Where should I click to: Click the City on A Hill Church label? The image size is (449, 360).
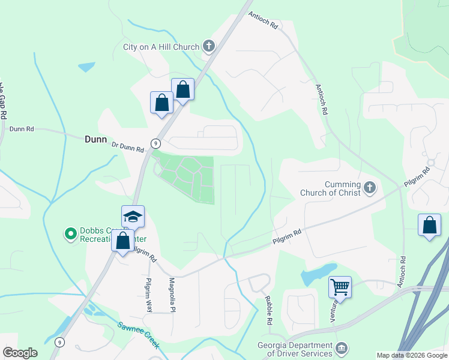tap(160, 47)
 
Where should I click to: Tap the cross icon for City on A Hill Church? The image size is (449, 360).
tap(208, 46)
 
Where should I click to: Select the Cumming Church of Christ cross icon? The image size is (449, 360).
tap(369, 188)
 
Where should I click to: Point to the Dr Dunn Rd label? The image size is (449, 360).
tap(128, 146)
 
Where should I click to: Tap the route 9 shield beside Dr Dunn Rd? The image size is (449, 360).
tap(155, 143)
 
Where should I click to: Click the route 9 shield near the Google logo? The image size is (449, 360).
tap(58, 342)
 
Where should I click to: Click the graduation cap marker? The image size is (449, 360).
tap(133, 217)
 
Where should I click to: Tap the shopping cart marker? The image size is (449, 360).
tap(340, 286)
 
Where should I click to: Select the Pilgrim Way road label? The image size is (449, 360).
tap(148, 294)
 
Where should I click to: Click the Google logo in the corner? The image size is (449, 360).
tap(20, 353)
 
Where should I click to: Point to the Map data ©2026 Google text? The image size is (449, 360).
tap(412, 355)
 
